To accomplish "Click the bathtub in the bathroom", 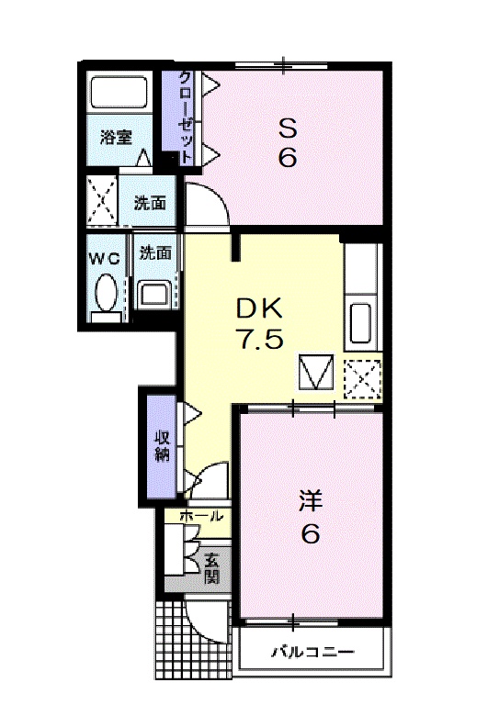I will click(x=119, y=93).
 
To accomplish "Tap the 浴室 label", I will click(x=116, y=139).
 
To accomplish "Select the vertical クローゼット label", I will click(x=185, y=117).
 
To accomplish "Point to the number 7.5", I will click(x=262, y=340).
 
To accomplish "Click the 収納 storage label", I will click(x=162, y=445).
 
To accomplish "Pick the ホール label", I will click(x=201, y=517).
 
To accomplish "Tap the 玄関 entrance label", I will click(x=211, y=566).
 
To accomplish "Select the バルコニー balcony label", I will click(x=312, y=653).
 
